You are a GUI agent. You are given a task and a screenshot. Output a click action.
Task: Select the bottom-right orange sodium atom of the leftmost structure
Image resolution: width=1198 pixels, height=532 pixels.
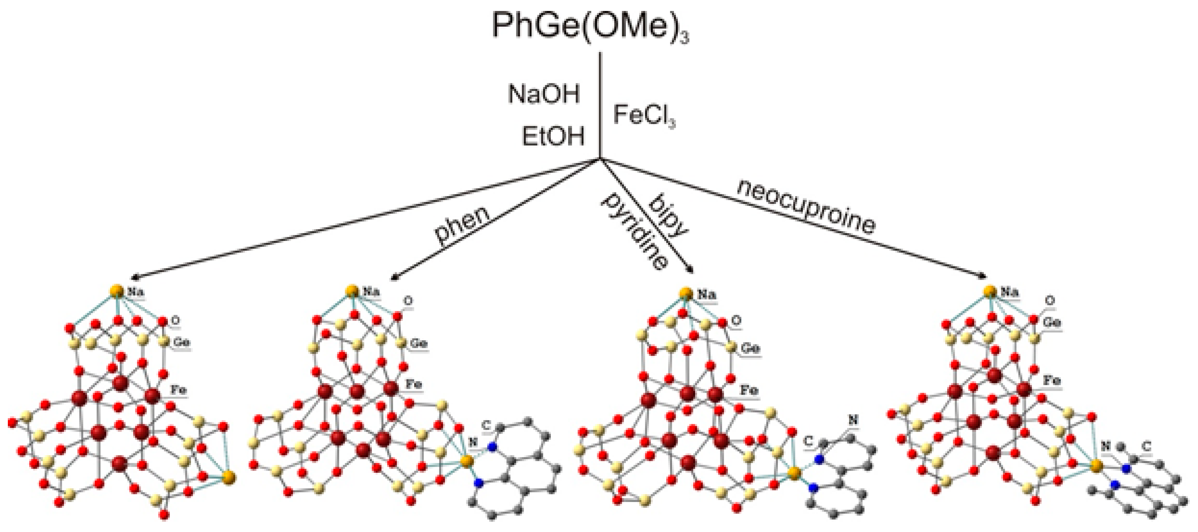pos(228,477)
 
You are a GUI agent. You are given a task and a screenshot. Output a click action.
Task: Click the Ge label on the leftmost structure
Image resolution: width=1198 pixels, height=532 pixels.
pos(181,342)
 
